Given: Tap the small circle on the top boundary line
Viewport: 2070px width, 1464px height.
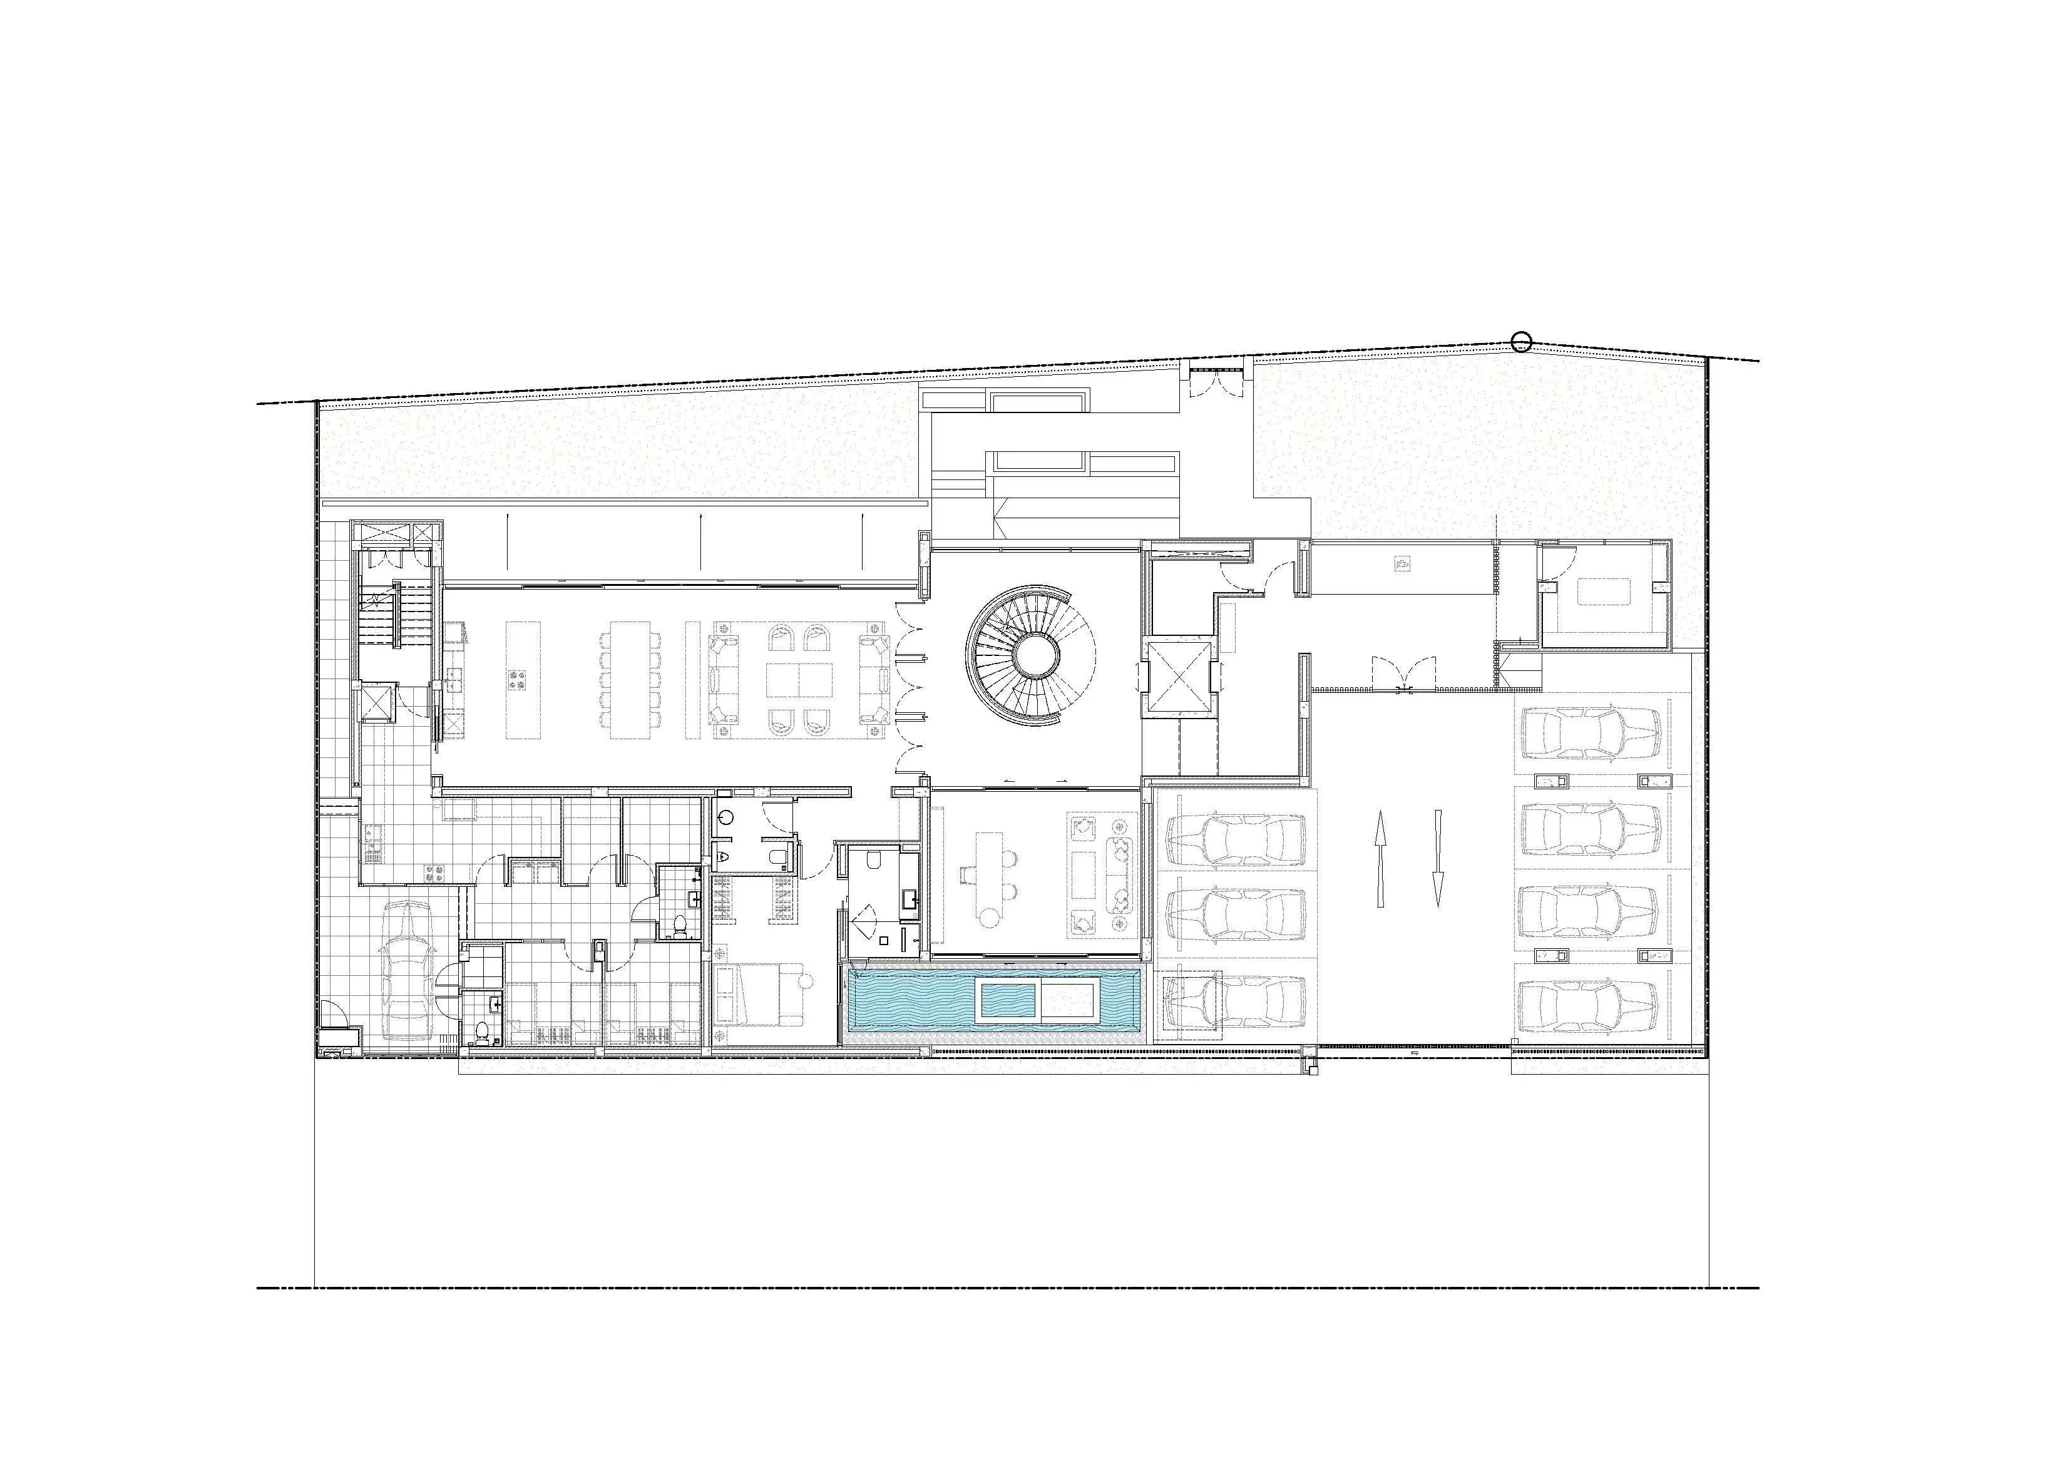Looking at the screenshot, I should [1521, 342].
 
